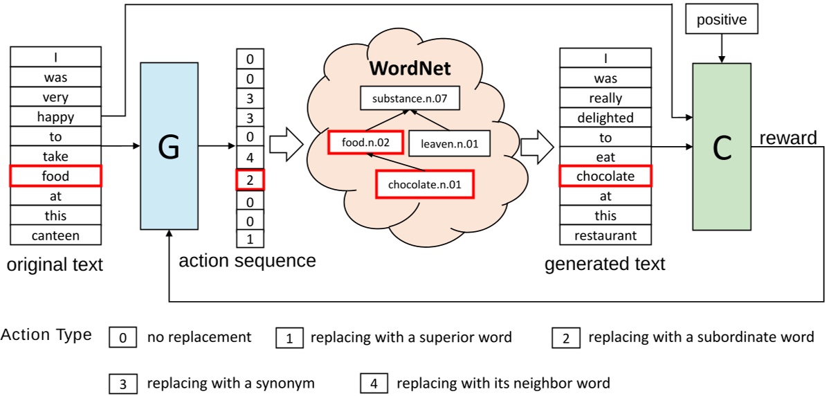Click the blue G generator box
click(x=169, y=146)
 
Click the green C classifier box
click(x=721, y=146)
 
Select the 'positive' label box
click(x=721, y=20)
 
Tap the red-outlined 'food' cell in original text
click(x=55, y=177)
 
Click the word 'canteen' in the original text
click(x=55, y=235)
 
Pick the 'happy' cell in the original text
click(x=55, y=117)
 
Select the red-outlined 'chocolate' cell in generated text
click(x=606, y=177)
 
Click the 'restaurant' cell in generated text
click(x=606, y=235)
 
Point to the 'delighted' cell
click(x=606, y=118)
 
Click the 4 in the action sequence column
click(x=250, y=158)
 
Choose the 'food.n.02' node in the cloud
click(x=366, y=143)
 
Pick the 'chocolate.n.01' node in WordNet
click(x=424, y=184)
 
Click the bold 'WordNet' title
click(x=410, y=69)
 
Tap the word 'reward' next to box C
click(x=788, y=138)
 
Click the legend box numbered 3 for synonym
click(x=122, y=383)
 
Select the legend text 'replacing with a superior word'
click(x=411, y=338)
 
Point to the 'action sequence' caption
click(x=247, y=261)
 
